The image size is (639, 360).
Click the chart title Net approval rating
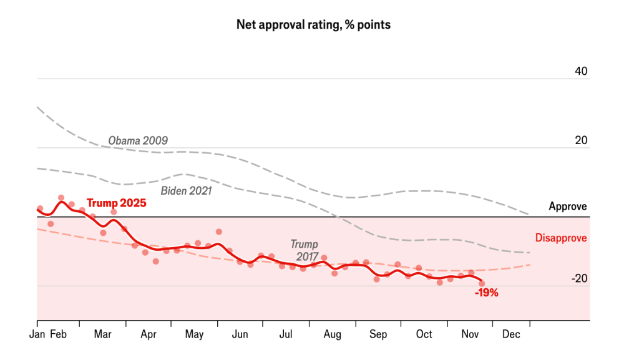(313, 25)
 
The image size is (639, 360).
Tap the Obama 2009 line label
(138, 141)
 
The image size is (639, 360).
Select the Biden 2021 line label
(187, 191)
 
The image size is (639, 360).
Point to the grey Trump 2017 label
(304, 250)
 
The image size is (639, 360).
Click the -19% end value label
(486, 293)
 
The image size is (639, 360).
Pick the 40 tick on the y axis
(581, 71)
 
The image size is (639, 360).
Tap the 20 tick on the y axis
(581, 140)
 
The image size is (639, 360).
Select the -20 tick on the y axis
(579, 279)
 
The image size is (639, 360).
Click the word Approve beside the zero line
(568, 207)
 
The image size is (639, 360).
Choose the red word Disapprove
(561, 238)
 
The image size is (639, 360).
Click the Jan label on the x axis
(37, 334)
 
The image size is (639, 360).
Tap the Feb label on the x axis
(58, 334)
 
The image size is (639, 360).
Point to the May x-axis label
(194, 334)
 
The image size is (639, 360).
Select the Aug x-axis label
(332, 334)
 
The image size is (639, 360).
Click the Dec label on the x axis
(511, 334)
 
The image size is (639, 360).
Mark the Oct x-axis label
(424, 334)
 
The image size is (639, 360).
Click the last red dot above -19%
(482, 283)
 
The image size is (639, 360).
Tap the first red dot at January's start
(40, 208)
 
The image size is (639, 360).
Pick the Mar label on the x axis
(102, 334)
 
